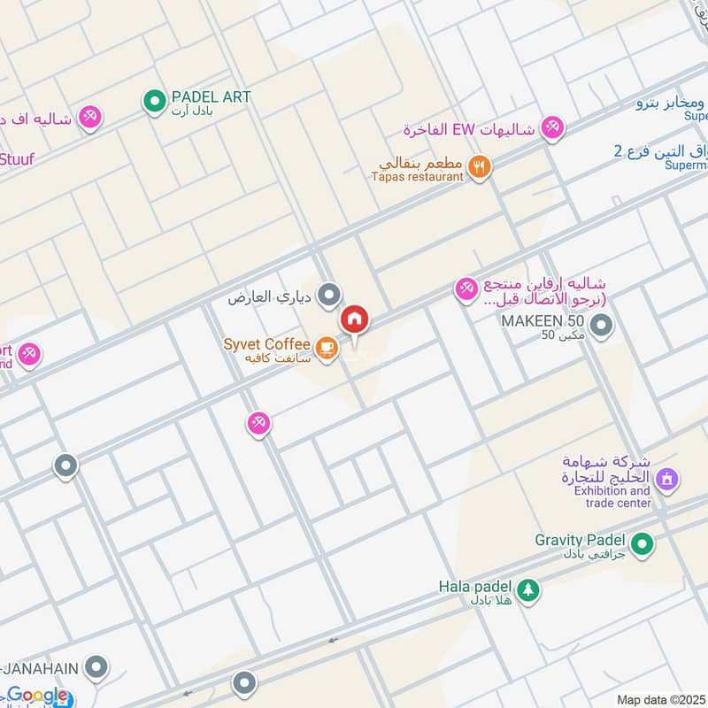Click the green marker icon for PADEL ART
pos(155,102)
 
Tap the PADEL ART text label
pos(212,96)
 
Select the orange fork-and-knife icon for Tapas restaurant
pos(480,166)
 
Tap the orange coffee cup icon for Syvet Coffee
pos(327,348)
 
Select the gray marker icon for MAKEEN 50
pos(602,327)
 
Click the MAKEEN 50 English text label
pos(540,319)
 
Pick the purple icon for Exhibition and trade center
pos(667,479)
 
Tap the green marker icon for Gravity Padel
pos(643,543)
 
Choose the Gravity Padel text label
pos(580,539)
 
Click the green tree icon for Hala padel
pos(527,589)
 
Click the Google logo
pos(37,696)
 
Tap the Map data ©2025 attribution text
pos(659,699)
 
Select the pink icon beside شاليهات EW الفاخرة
pos(553,128)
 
